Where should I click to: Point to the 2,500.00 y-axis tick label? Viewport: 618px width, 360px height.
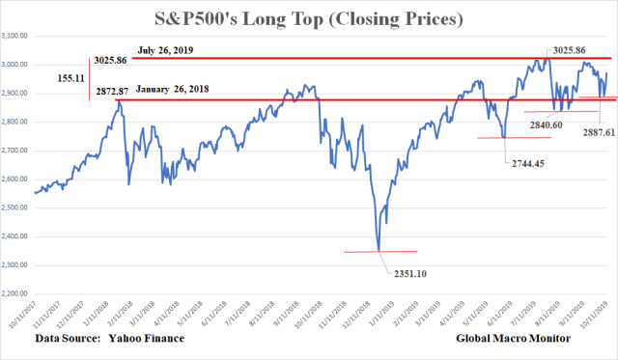point(17,208)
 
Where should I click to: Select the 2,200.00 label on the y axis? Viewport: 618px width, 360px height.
point(17,294)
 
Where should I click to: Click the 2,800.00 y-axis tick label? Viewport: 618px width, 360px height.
point(17,123)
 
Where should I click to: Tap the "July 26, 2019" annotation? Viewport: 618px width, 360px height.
point(166,47)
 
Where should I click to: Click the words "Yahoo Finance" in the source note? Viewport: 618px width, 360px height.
point(145,341)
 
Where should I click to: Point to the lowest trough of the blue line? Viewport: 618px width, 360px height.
point(379,250)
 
